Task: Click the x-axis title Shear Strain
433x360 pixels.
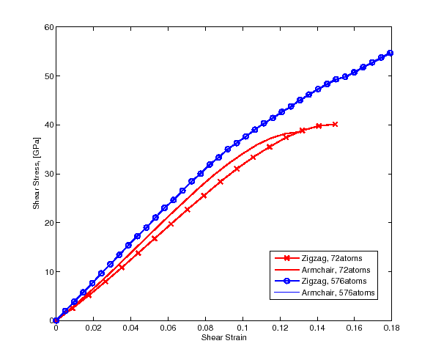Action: [223, 337]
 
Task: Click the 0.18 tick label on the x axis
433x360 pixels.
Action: [391, 328]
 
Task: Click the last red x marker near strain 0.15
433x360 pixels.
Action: [335, 125]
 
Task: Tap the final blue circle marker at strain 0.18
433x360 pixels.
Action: [391, 53]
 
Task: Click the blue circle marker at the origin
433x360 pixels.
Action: [56, 320]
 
